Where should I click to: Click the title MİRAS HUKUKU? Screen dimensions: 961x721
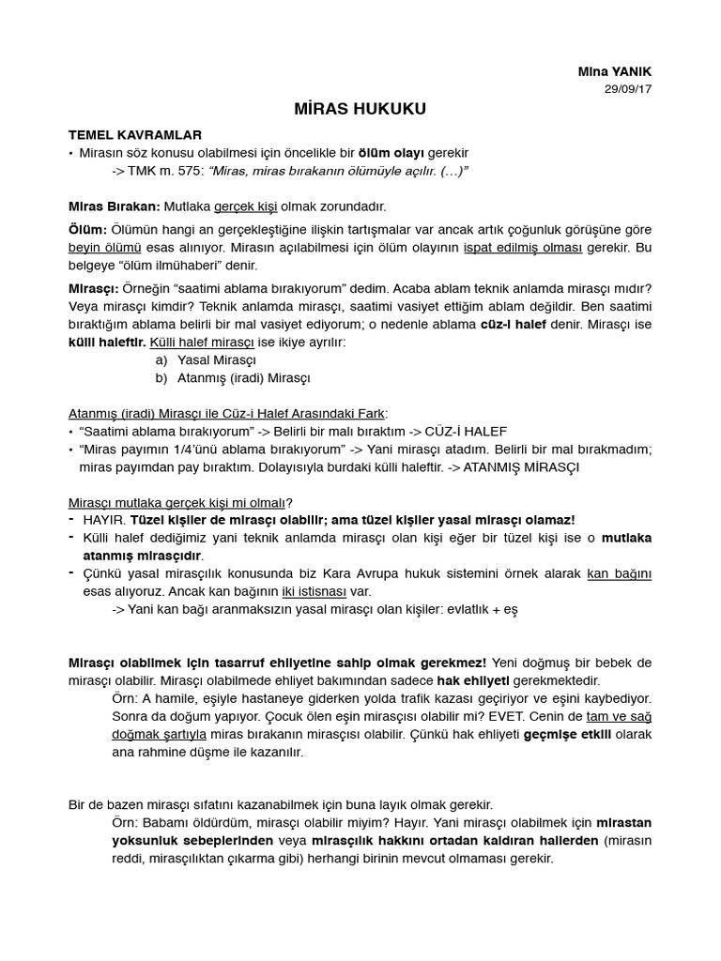360,109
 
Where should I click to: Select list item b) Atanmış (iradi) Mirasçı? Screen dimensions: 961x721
233,377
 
